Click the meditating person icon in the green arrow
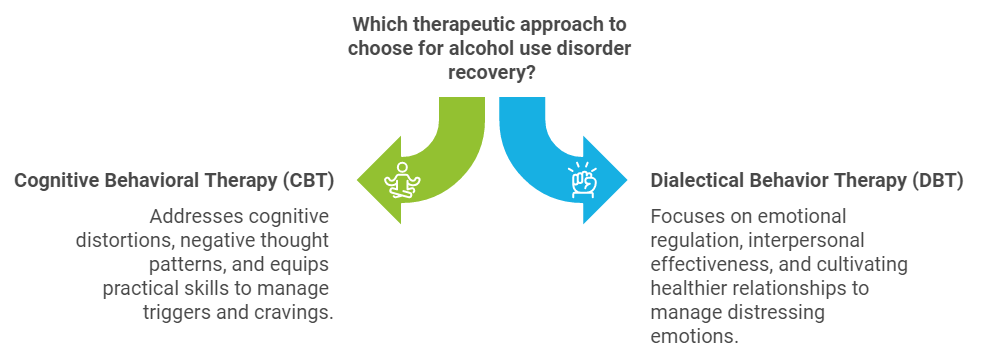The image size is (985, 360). pyautogui.click(x=404, y=180)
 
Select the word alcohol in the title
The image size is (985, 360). pyautogui.click(x=472, y=49)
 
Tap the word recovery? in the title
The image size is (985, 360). pyautogui.click(x=492, y=73)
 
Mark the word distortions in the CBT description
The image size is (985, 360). pyautogui.click(x=116, y=241)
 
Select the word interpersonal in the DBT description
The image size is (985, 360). pyautogui.click(x=815, y=241)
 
